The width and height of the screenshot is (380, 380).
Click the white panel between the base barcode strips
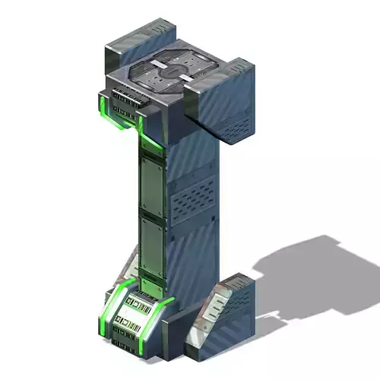point(136,312)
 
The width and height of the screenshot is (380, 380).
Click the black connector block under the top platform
point(125,99)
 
